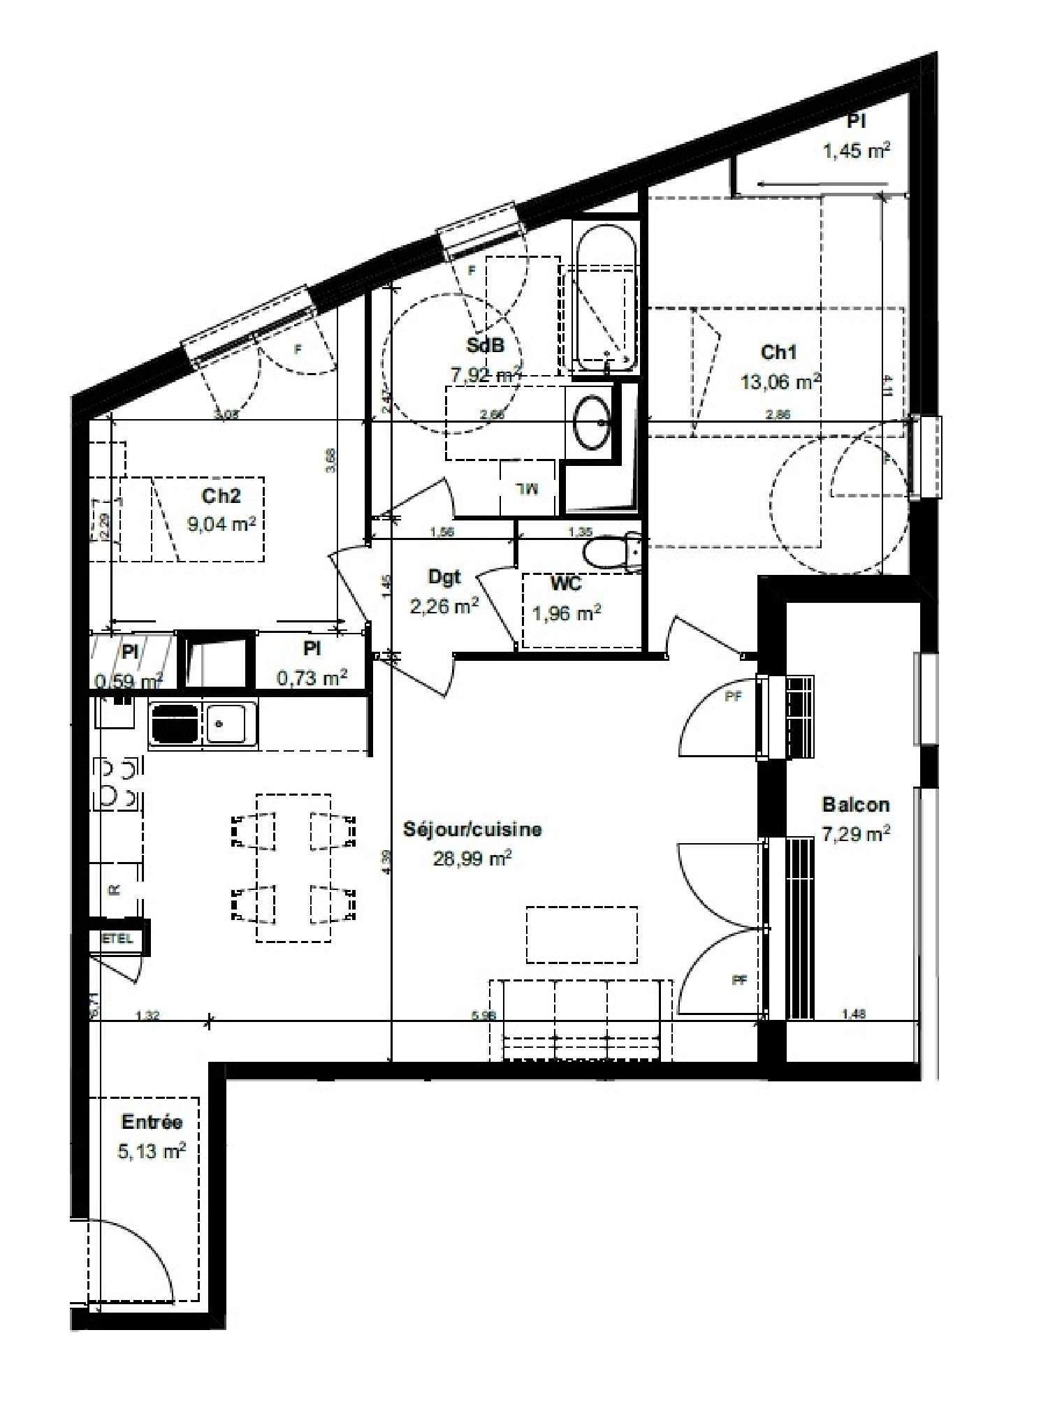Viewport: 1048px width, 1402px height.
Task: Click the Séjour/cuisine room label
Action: point(472,829)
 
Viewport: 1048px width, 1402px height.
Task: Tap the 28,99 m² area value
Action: point(472,859)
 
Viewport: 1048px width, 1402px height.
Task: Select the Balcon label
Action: point(856,805)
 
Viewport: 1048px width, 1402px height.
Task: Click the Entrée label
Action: point(152,1122)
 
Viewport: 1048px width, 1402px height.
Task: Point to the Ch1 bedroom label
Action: point(778,352)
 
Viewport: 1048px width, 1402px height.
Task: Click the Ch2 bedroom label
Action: point(221,495)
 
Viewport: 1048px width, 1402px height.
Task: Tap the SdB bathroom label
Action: point(485,345)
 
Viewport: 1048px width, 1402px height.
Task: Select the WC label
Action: point(566,583)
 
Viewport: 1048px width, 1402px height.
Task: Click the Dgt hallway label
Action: point(444,577)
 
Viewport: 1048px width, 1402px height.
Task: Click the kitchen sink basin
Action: point(224,723)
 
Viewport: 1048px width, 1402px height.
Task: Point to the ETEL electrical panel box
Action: point(117,939)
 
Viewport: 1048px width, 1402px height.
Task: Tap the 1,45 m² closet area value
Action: point(857,151)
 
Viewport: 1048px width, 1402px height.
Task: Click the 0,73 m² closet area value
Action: point(312,677)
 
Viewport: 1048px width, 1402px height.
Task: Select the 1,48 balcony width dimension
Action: point(854,1014)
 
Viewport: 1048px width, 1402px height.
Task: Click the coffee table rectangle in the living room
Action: point(581,935)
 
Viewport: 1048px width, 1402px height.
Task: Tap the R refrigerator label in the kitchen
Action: point(114,890)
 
